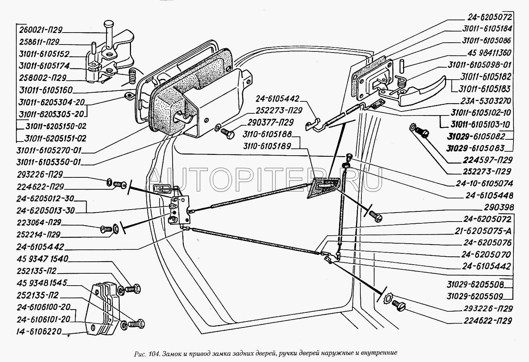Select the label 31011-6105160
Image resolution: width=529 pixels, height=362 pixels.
click(x=46, y=90)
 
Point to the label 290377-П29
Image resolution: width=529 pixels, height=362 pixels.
click(x=271, y=122)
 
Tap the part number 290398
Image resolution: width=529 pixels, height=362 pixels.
click(x=498, y=207)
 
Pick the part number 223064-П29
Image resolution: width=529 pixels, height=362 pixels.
click(x=39, y=222)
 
